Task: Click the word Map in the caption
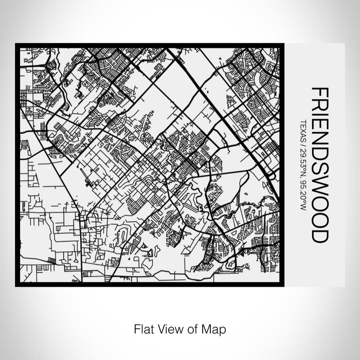click(215, 328)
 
